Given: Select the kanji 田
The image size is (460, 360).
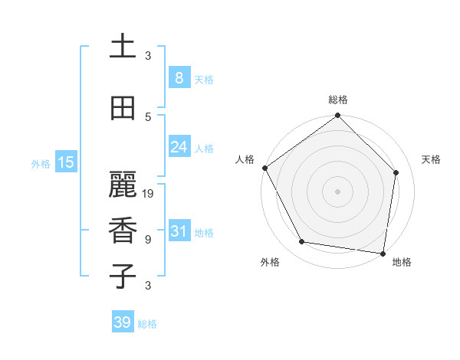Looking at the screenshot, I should (x=123, y=109).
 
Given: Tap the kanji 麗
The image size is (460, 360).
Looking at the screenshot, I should (x=123, y=185).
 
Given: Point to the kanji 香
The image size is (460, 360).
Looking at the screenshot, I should (x=123, y=231).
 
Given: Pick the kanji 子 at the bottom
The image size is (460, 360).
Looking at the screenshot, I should (x=123, y=276).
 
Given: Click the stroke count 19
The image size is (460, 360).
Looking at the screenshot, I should (x=149, y=194).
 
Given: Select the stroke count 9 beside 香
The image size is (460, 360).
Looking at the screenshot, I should (x=148, y=240).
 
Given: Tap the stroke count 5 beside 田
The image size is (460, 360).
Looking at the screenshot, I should (x=148, y=117).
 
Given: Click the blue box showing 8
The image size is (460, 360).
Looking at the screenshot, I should (x=179, y=78).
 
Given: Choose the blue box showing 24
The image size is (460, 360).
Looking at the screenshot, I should (x=179, y=147).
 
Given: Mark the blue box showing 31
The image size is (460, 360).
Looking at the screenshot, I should (x=179, y=231).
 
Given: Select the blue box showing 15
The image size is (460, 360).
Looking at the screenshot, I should (x=66, y=162).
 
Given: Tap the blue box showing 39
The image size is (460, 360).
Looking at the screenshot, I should (x=123, y=322).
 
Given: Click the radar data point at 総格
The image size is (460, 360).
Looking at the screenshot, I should (x=337, y=116).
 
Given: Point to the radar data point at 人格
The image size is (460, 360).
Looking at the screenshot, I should (x=265, y=168).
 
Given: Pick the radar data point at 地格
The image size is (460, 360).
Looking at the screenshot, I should (x=383, y=253).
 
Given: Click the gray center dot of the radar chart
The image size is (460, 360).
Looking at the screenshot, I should (x=337, y=191).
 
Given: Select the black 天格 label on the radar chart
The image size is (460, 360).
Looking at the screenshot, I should (x=431, y=159).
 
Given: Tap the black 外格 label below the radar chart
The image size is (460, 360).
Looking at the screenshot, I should (x=270, y=262).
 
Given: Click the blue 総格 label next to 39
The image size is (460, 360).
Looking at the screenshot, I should (x=147, y=324).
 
